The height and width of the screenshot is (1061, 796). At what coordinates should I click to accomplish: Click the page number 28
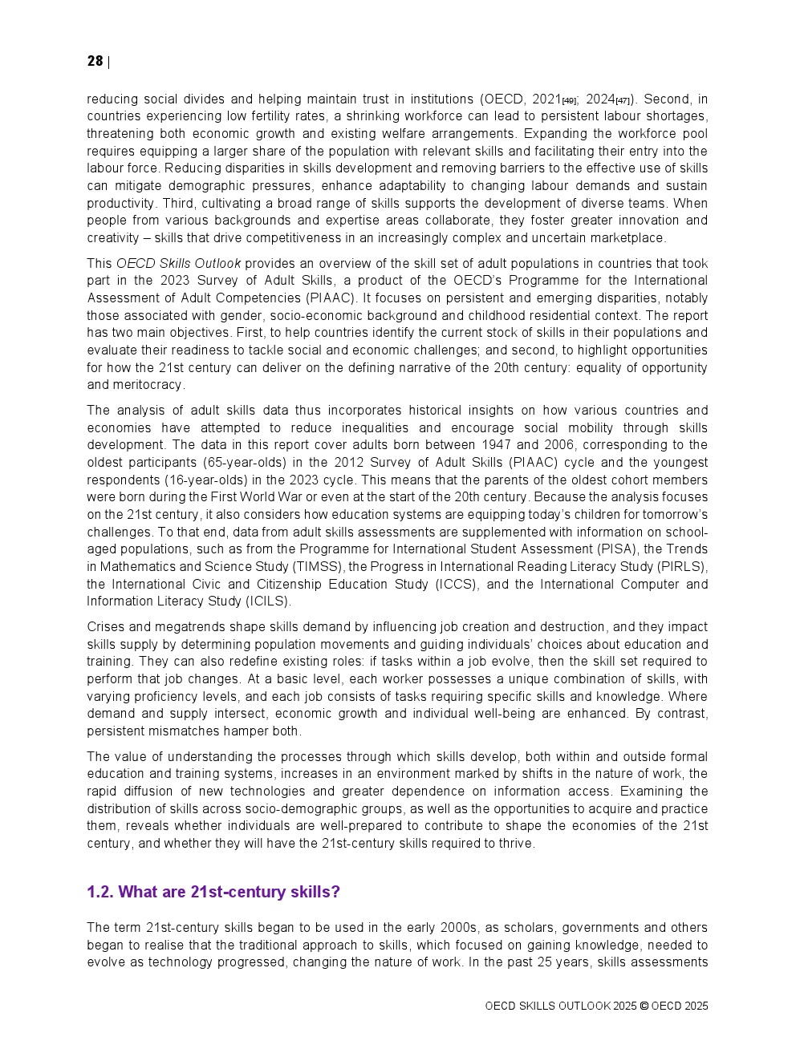click(x=95, y=62)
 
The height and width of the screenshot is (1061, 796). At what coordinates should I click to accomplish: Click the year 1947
click(x=496, y=445)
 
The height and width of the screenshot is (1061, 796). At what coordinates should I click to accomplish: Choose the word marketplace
click(x=630, y=238)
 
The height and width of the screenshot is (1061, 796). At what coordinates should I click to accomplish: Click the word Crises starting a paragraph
click(x=105, y=627)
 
